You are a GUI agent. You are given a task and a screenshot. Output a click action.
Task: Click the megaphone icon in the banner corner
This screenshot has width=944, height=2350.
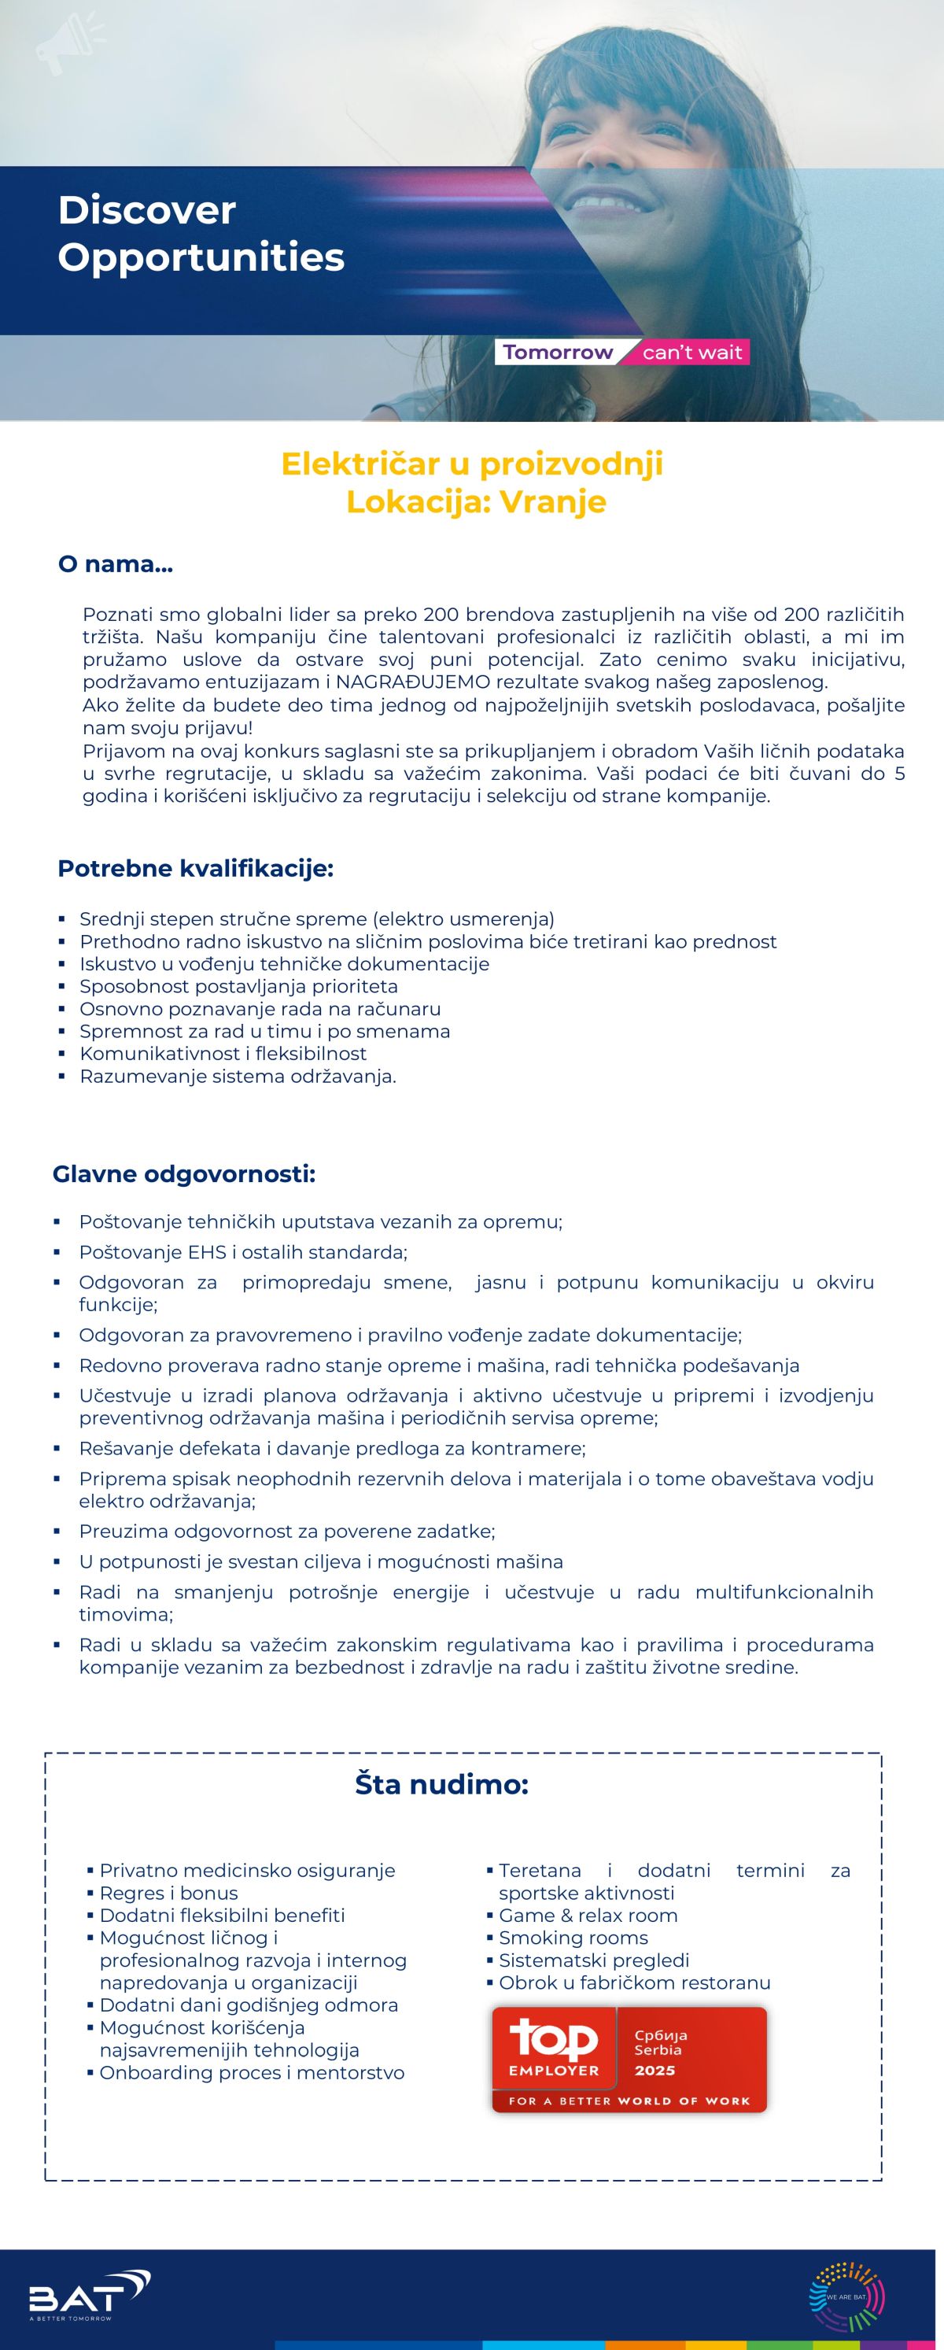(68, 44)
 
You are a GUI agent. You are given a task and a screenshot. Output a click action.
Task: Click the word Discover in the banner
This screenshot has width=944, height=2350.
(147, 211)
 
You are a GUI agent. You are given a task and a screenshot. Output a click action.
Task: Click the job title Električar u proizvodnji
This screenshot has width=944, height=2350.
(471, 464)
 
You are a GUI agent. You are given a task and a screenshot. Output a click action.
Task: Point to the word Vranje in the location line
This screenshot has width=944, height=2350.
(553, 502)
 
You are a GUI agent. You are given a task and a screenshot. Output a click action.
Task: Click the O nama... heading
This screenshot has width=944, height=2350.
(115, 565)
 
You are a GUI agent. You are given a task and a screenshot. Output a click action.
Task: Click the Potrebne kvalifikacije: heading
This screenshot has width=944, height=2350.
(195, 869)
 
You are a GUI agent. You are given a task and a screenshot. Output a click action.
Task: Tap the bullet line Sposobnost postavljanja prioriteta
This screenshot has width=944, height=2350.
(238, 986)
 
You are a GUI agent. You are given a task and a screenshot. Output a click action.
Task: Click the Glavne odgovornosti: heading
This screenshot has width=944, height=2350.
(184, 1174)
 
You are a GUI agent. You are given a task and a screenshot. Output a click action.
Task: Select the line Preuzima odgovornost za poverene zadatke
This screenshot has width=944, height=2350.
(286, 1532)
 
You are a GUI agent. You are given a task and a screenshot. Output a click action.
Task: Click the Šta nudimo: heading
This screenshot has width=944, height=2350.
(441, 1784)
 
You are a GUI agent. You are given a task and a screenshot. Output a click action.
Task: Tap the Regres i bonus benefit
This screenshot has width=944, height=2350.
(168, 1893)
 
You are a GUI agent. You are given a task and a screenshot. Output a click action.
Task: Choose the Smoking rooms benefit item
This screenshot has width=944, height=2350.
(573, 1938)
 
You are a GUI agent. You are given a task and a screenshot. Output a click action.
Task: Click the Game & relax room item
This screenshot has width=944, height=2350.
(588, 1916)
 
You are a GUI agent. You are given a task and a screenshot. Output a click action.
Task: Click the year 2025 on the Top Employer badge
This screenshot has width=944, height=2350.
(654, 2071)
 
